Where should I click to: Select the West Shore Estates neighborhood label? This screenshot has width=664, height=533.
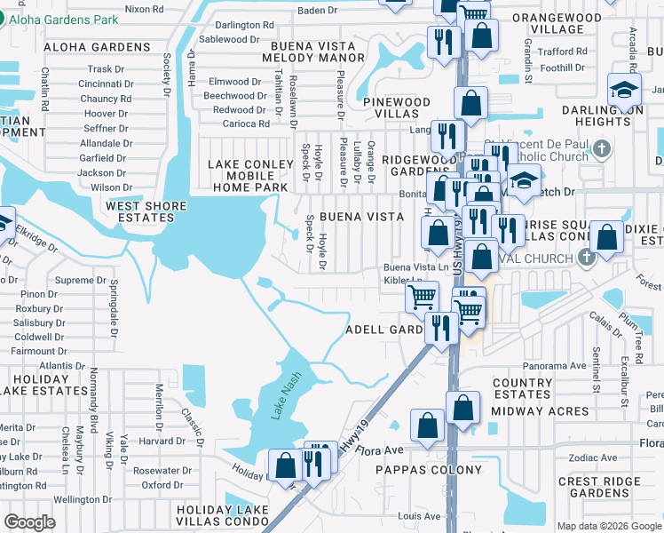(146, 212)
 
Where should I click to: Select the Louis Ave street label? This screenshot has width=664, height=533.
(419, 515)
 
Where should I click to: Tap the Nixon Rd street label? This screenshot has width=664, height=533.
(144, 9)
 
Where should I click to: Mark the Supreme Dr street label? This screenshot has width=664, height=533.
(81, 280)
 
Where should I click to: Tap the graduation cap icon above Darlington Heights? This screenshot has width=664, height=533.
(625, 90)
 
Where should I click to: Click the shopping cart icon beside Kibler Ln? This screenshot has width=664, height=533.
(422, 296)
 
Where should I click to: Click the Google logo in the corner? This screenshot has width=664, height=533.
(29, 522)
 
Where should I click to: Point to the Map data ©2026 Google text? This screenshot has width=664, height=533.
(608, 526)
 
